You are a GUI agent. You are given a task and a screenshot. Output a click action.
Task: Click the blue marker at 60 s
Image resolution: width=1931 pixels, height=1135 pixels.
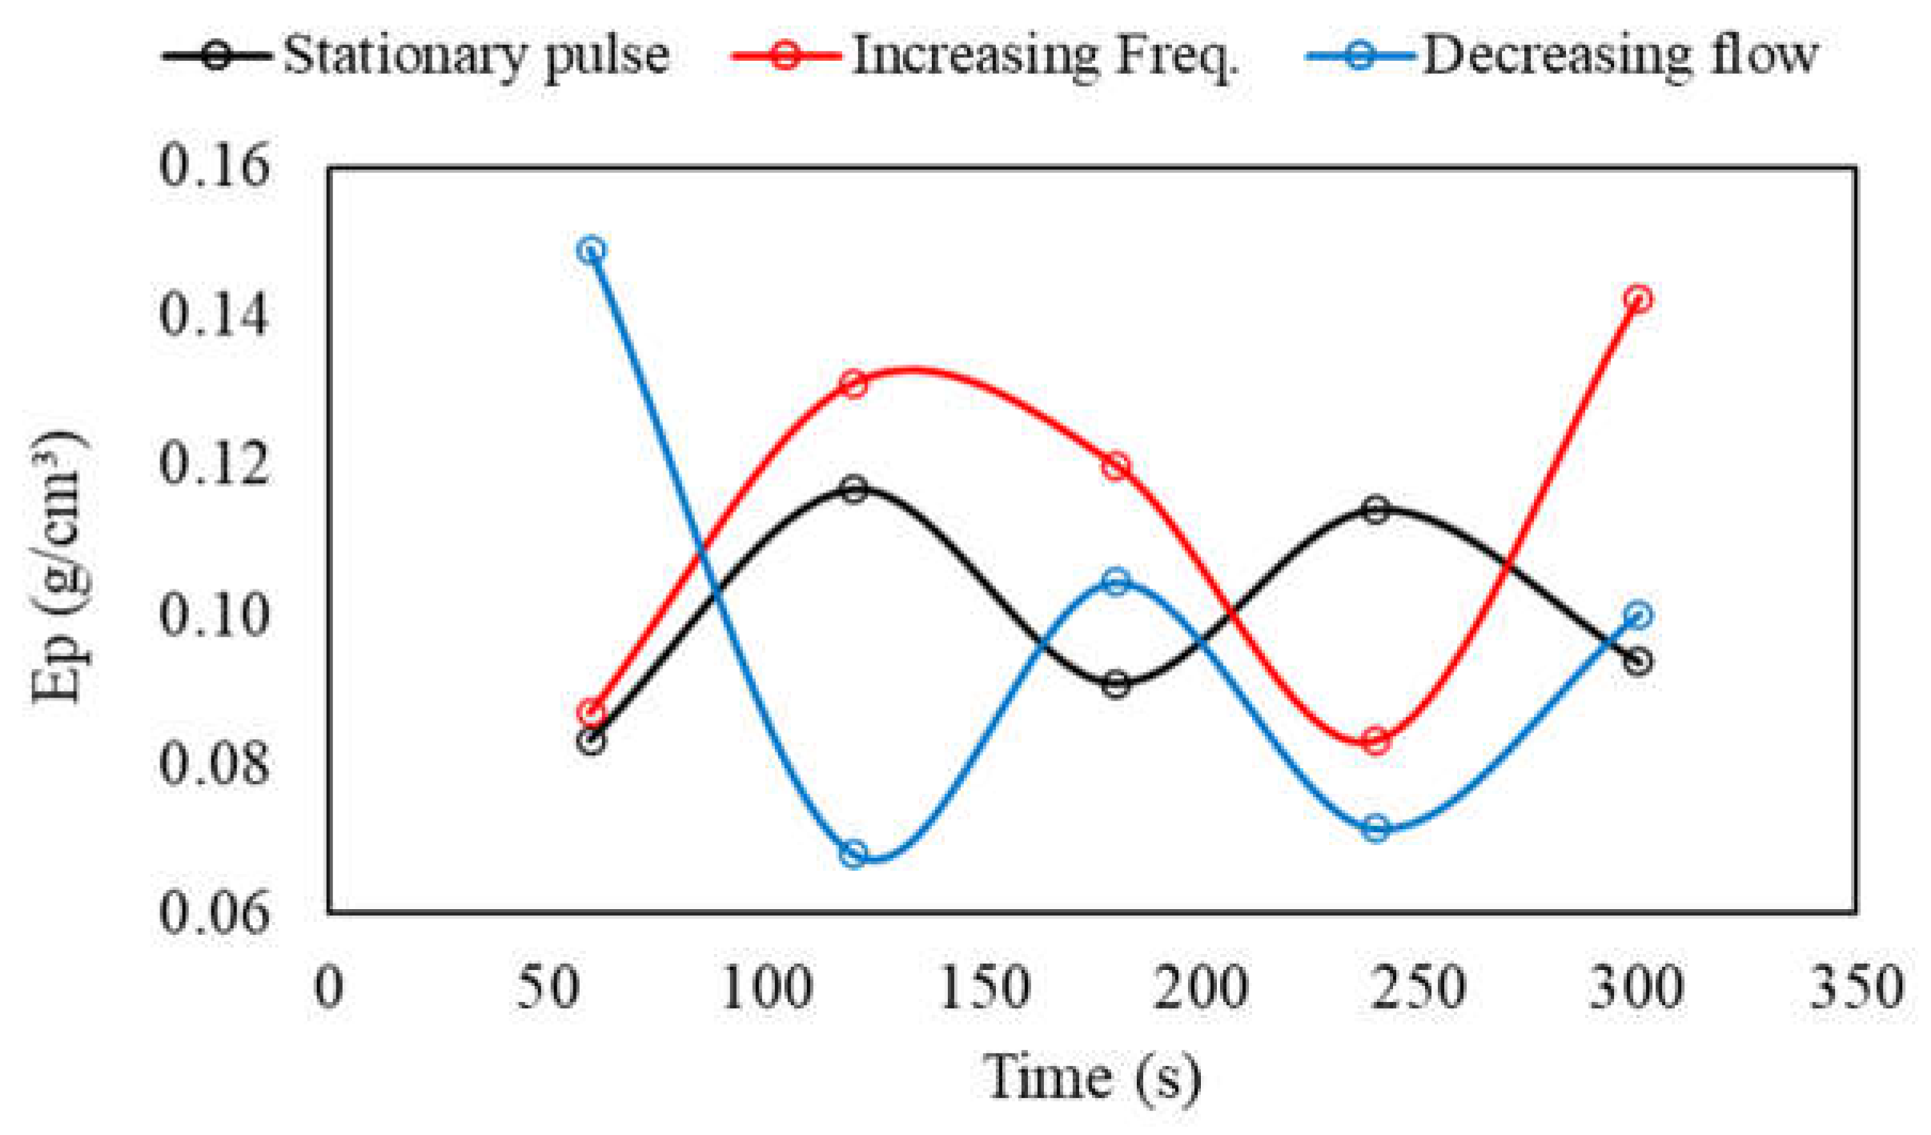591,250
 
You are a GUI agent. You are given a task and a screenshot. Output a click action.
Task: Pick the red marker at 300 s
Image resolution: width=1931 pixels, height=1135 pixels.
1638,299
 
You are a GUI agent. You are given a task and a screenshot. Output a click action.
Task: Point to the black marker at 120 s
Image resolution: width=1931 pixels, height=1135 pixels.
854,489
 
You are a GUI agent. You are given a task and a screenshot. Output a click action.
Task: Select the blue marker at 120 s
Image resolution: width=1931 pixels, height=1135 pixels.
853,854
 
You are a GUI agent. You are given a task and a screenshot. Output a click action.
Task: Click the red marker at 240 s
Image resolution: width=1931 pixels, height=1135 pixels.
1375,741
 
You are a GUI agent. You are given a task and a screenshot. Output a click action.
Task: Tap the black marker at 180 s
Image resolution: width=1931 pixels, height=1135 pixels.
1115,685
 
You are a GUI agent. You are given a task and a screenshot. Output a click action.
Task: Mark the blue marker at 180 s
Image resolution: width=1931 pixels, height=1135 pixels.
1115,582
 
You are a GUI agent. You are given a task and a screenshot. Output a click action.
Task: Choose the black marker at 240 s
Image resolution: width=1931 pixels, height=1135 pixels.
1375,509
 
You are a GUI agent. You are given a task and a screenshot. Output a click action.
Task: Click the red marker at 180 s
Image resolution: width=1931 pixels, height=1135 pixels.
1115,466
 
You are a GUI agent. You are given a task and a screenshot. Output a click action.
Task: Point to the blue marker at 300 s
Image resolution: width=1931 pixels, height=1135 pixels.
1638,615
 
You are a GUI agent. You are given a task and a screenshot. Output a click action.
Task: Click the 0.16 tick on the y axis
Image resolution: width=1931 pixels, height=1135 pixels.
214,166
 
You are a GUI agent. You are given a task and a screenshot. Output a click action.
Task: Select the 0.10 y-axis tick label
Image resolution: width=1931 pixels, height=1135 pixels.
214,615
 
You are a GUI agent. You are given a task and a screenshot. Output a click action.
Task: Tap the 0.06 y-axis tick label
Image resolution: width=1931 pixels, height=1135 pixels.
214,912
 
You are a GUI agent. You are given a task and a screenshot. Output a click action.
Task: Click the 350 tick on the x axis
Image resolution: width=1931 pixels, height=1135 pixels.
1857,988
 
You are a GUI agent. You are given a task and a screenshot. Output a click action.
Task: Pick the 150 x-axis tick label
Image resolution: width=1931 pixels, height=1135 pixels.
984,988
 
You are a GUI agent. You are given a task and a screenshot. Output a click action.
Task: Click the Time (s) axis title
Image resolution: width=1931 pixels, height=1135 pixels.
1092,1078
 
